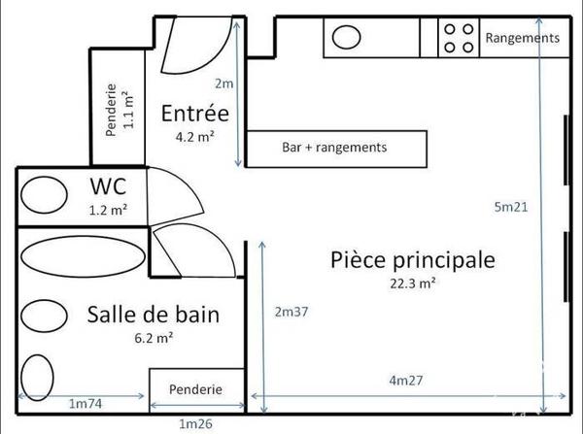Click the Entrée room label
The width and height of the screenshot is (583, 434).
pyautogui.click(x=195, y=114)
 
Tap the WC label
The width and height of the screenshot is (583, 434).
pyautogui.click(x=108, y=186)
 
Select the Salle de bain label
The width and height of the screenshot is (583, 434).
pyautogui.click(x=154, y=315)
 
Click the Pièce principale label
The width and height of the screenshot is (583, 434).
pyautogui.click(x=413, y=260)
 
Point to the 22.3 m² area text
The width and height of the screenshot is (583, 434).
pyautogui.click(x=413, y=284)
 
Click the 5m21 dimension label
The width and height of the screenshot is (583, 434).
pyautogui.click(x=511, y=207)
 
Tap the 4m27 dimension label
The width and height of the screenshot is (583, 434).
pyautogui.click(x=406, y=381)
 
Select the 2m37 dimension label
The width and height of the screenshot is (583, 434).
pyautogui.click(x=291, y=312)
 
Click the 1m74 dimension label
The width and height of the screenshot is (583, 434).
pyautogui.click(x=86, y=404)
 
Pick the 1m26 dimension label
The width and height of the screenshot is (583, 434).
pyautogui.click(x=196, y=424)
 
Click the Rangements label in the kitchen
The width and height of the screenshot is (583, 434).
pyautogui.click(x=523, y=38)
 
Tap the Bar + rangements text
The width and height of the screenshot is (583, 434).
pyautogui.click(x=334, y=148)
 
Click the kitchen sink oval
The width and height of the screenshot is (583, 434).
pyautogui.click(x=346, y=37)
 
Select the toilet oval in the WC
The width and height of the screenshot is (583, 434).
pyautogui.click(x=44, y=195)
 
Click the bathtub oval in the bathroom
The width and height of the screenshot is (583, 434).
pyautogui.click(x=83, y=256)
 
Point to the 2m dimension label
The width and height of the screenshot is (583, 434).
pyautogui.click(x=224, y=83)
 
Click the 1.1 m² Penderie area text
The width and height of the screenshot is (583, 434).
pyautogui.click(x=128, y=110)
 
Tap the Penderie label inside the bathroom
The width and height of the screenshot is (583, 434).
pyautogui.click(x=195, y=389)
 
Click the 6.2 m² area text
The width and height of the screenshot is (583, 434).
pyautogui.click(x=154, y=339)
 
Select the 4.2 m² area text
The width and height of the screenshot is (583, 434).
pyautogui.click(x=195, y=137)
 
